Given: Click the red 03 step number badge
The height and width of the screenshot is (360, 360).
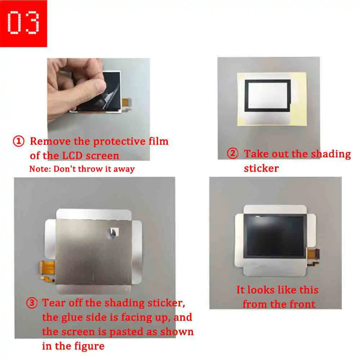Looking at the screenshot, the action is pos(23,23).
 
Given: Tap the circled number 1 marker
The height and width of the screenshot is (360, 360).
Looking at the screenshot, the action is pos(19,141).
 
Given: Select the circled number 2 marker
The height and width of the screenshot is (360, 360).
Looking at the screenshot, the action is pos(233,153).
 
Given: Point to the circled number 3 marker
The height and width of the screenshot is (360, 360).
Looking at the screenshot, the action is pos(32,303).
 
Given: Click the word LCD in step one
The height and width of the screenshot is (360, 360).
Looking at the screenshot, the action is pos(72,156).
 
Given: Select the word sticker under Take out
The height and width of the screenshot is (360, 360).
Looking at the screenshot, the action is pos(261,168).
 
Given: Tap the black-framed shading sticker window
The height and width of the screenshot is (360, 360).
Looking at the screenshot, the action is pos(268,95).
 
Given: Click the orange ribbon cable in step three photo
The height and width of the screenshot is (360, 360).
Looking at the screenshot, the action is pos(48,269).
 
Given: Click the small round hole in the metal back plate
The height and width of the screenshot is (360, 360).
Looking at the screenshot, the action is pos(112,234).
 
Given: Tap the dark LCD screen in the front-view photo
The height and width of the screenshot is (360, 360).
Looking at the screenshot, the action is pos(275,236).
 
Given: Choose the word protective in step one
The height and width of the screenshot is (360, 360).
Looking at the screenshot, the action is pos(119,141).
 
